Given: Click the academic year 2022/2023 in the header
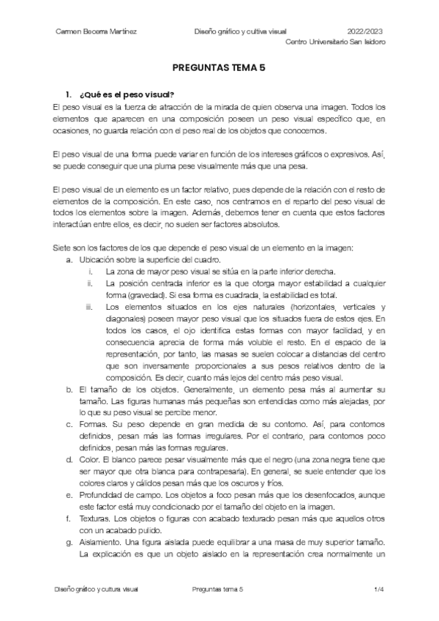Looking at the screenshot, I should [x=364, y=31].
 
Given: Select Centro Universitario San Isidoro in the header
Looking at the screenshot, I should [x=336, y=42].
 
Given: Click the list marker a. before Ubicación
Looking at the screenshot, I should [x=69, y=259].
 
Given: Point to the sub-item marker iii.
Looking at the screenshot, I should [x=89, y=306].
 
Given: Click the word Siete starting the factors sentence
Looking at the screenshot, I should [x=64, y=248].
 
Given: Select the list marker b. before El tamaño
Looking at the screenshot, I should [x=69, y=389].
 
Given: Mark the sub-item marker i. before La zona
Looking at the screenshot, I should [x=91, y=271].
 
